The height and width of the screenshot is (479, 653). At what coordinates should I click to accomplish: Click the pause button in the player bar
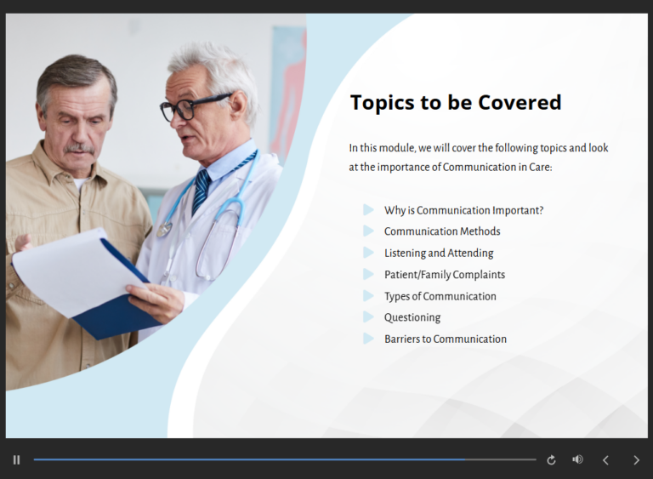coord(16,460)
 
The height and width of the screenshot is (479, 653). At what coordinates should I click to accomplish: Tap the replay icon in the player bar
coord(551,460)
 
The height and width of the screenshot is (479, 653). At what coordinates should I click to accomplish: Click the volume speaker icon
coord(577,459)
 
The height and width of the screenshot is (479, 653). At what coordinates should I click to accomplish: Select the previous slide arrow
coord(605,460)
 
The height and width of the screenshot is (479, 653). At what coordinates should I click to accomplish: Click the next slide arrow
coord(636,460)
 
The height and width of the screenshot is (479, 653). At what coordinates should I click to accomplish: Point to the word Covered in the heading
coord(519,103)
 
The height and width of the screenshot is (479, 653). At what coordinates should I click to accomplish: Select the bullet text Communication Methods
coord(441,231)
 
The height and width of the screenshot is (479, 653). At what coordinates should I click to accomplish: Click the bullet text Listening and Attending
coord(438,253)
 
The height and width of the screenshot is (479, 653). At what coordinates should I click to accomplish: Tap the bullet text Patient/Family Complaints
coord(444,275)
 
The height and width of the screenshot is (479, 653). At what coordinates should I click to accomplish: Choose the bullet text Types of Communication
coord(440,296)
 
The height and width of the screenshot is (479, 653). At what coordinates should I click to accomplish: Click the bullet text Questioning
coord(412,317)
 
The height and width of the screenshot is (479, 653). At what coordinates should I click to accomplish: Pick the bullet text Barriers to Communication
coord(445,339)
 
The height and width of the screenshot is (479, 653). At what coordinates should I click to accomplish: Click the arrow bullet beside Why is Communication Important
coord(368,210)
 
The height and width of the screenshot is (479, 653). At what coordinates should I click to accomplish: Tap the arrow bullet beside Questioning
coord(368,317)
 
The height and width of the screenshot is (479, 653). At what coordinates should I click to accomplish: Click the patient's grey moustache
coord(78,148)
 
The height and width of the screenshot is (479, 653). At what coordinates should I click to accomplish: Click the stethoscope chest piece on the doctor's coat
coord(164,229)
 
